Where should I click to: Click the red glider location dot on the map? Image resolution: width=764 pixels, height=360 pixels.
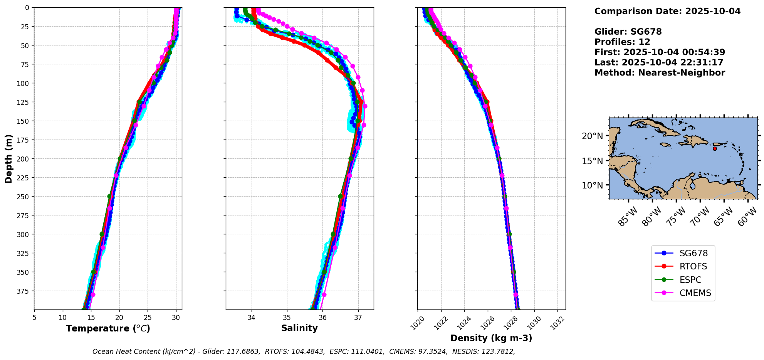[715, 149]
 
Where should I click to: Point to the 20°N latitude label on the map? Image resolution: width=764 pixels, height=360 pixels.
[592, 136]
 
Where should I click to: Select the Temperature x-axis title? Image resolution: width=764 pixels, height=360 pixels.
[108, 329]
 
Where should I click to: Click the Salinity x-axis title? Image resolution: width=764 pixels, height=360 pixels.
[299, 328]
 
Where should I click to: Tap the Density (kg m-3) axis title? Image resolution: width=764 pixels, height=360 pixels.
[491, 338]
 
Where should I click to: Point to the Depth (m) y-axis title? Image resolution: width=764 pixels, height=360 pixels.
[9, 158]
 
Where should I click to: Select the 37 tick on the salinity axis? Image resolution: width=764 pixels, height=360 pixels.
[358, 318]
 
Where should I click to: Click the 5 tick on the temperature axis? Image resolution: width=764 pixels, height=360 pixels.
[34, 318]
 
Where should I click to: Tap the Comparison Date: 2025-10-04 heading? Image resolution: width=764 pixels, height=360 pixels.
[667, 11]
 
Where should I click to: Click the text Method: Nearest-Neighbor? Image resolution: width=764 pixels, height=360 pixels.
[660, 73]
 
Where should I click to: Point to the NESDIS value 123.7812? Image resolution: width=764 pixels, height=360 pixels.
[499, 352]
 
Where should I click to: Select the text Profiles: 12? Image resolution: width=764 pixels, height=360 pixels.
[622, 42]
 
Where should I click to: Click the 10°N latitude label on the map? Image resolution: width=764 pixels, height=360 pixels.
[592, 185]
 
